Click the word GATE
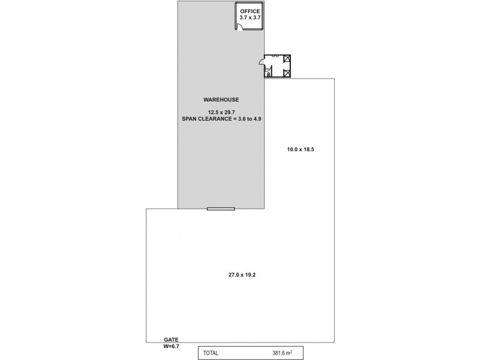tap(170, 340)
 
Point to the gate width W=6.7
tap(172, 346)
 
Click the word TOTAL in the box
tap(211, 353)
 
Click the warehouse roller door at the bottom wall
tap(221, 209)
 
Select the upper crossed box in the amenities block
tap(287, 59)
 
